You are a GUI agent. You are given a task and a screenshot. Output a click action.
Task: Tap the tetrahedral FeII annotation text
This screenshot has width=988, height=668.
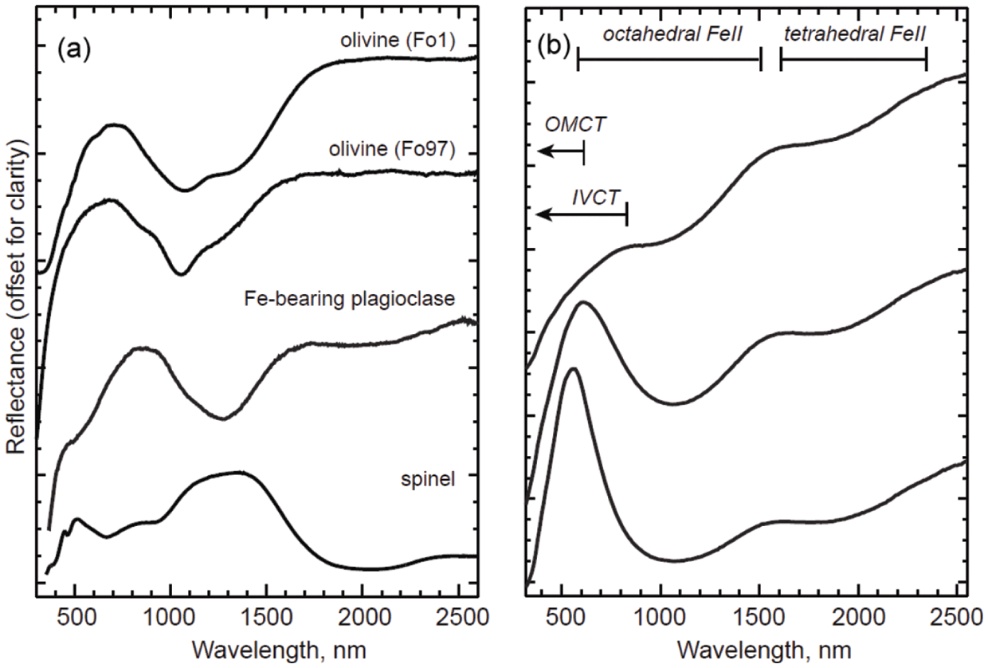pos(851,34)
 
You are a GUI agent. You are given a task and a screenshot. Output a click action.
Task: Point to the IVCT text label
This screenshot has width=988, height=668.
pos(596,195)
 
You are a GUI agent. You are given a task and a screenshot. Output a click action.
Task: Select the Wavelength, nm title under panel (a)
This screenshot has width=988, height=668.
pos(257,647)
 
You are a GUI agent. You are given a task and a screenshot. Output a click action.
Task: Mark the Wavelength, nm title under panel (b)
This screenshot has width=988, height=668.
pos(747,647)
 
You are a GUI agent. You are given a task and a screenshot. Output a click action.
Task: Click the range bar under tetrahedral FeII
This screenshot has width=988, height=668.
pos(853,58)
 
